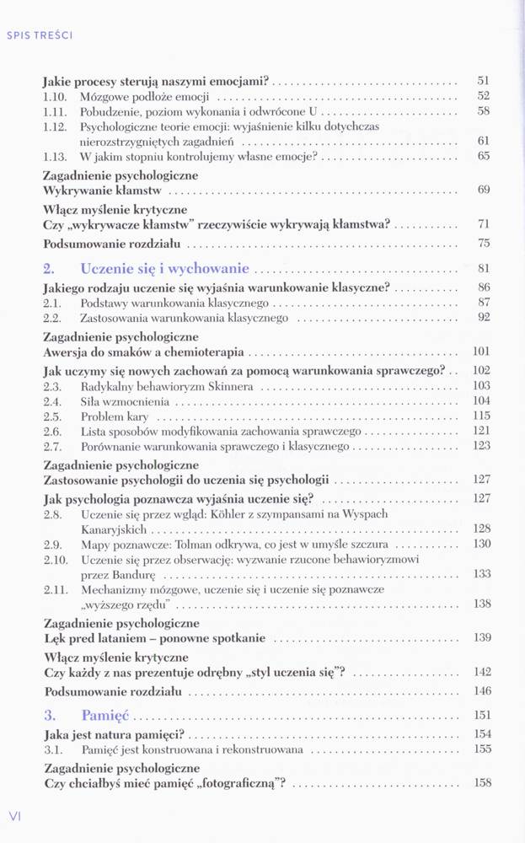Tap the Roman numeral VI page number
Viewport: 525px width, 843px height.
[x=14, y=815]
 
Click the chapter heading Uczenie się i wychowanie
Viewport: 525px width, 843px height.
[x=164, y=269]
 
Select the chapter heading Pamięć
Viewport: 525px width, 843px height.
[x=104, y=716]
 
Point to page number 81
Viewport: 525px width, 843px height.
[x=483, y=270]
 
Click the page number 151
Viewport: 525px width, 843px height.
[x=481, y=717]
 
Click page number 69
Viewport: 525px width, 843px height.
[x=483, y=190]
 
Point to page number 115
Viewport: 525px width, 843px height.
[x=481, y=416]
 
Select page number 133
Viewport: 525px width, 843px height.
[x=481, y=573]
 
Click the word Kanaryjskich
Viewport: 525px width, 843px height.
[x=113, y=529]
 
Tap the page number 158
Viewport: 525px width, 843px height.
[x=481, y=782]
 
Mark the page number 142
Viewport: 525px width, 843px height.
[x=481, y=672]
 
